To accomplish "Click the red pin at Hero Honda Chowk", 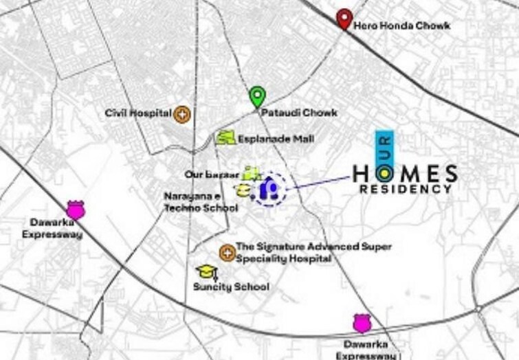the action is coord(344,18).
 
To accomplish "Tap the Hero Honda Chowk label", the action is coord(402,25).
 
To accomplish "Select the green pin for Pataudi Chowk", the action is coord(257,96).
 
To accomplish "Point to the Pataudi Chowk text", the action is coord(298,112).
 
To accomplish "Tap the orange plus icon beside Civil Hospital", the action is coord(182,114).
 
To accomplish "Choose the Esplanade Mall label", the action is coord(276,139).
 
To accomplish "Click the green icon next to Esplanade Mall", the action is coord(225,138).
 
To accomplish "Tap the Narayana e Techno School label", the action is coord(191,201).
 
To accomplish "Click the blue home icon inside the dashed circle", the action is coord(269,189).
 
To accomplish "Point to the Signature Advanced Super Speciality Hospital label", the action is coord(313,252).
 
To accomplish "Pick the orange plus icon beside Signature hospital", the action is coord(227,253).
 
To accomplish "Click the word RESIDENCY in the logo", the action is coord(406,189).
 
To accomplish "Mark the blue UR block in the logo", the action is coord(384,146).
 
